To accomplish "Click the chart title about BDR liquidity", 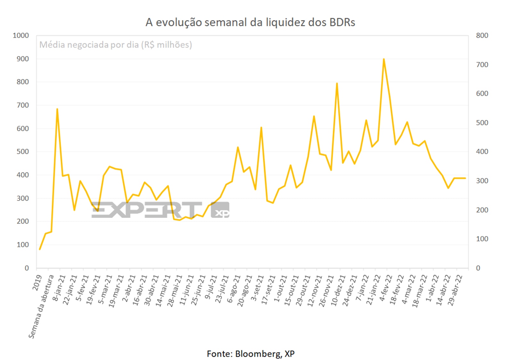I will (x=250, y=22).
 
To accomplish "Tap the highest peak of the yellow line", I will (x=384, y=59).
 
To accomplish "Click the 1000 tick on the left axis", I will (x=21, y=36).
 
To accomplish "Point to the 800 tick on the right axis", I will (x=482, y=36).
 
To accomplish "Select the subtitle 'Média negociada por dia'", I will (x=116, y=45).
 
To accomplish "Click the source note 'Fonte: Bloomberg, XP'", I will (x=250, y=354).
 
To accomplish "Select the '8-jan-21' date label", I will (x=59, y=288).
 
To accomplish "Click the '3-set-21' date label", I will (x=257, y=288).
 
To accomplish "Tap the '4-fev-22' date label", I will (x=386, y=288).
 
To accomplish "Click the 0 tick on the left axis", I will (x=27, y=268).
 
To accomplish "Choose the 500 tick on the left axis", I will (x=23, y=152).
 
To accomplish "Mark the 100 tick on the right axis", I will (x=482, y=239).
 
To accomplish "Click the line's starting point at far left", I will (x=40, y=249).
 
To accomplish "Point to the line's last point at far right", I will (x=465, y=178).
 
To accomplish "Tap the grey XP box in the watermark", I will (x=220, y=210).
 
